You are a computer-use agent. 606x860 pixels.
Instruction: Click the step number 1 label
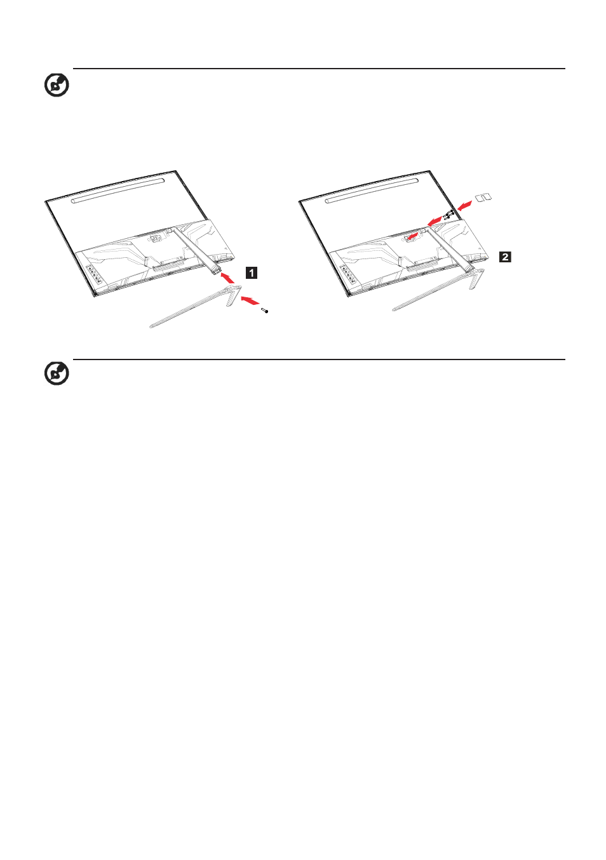tap(251, 273)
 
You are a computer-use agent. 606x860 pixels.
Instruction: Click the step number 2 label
tap(505, 257)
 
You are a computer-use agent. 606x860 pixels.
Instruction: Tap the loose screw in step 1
tap(265, 310)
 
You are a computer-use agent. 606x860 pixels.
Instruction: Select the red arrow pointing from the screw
tap(249, 300)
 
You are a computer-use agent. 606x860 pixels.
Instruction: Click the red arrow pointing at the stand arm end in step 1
tap(228, 277)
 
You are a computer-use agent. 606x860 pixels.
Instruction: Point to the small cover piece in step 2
tap(483, 198)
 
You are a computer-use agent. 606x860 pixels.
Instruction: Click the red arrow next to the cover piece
tap(464, 205)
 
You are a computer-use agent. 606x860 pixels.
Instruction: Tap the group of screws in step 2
tap(448, 215)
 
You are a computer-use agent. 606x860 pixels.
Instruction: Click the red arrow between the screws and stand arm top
tap(434, 221)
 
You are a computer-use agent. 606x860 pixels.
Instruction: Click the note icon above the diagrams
tap(57, 85)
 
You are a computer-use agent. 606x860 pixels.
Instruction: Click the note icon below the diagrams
tap(57, 373)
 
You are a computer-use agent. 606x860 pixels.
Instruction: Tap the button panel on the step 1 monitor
tap(94, 275)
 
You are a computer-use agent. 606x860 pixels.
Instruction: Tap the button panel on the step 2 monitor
tap(347, 275)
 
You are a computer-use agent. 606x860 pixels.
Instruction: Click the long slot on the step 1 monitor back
tap(118, 191)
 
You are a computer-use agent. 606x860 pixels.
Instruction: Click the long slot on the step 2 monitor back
tap(372, 191)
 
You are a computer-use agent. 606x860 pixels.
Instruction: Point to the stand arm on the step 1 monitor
tap(196, 250)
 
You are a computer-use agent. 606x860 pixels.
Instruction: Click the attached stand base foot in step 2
tap(438, 290)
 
